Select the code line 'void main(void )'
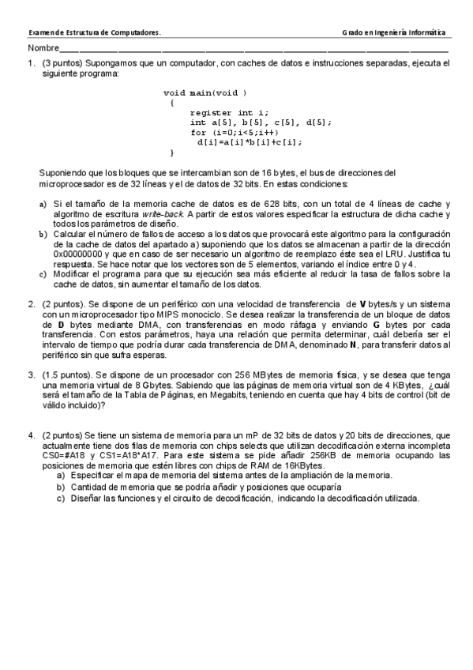click(x=205, y=92)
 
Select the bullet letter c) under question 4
click(x=60, y=499)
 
